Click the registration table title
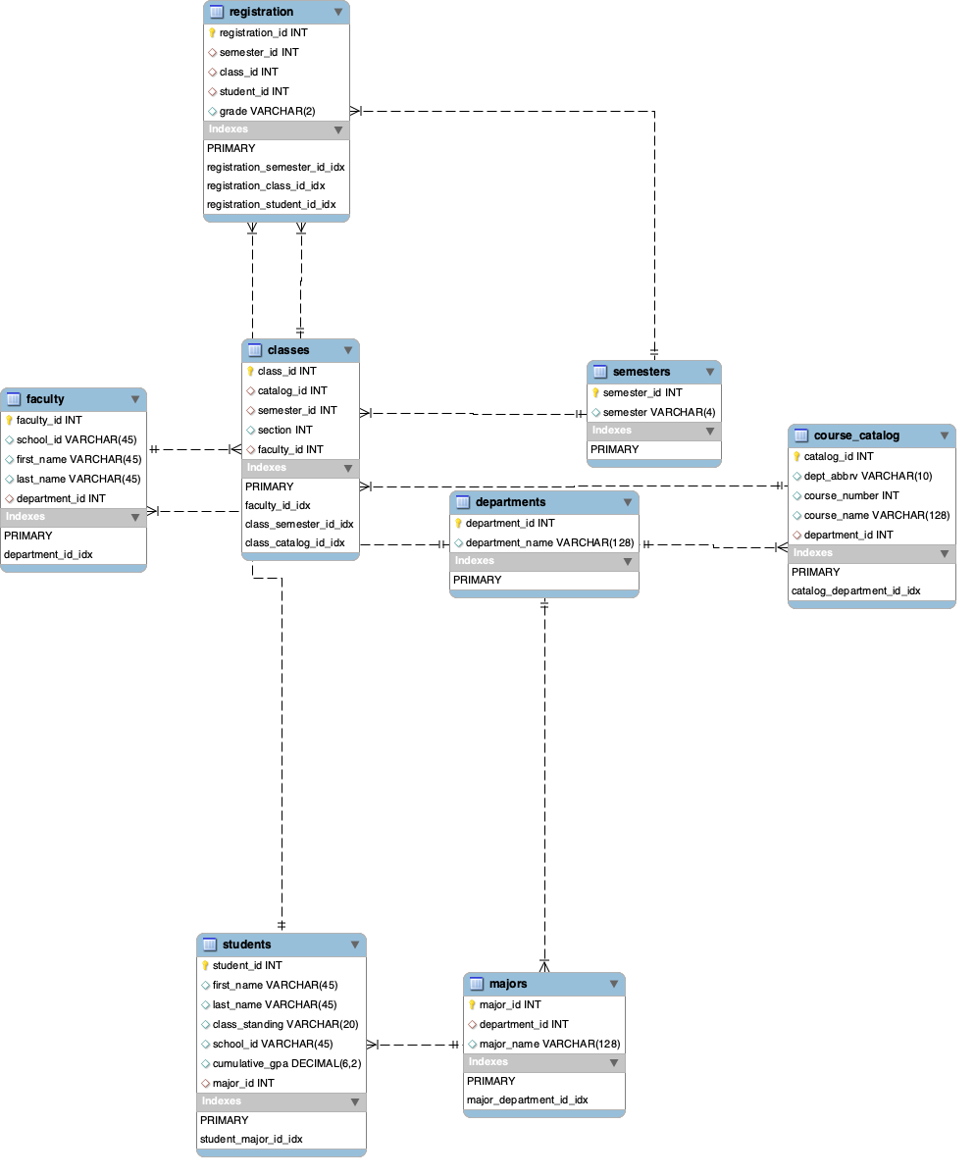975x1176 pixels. pyautogui.click(x=261, y=12)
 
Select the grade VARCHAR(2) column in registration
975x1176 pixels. pyautogui.click(x=267, y=111)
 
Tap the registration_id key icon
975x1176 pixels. pyautogui.click(x=212, y=32)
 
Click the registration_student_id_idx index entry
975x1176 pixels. pyautogui.click(x=272, y=204)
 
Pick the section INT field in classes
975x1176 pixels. pyautogui.click(x=284, y=430)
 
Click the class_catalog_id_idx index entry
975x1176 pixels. pyautogui.click(x=295, y=542)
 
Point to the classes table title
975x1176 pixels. pyautogui.click(x=288, y=350)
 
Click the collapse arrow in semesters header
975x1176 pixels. pyautogui.click(x=710, y=373)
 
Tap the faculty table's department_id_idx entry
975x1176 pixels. pyautogui.click(x=48, y=554)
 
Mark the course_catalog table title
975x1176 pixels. pyautogui.click(x=856, y=435)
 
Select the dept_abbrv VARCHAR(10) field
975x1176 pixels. pyautogui.click(x=867, y=476)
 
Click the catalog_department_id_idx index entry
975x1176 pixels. pyautogui.click(x=856, y=590)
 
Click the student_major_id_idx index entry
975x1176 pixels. pyautogui.click(x=251, y=1139)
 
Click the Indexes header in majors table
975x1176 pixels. pyautogui.click(x=488, y=1062)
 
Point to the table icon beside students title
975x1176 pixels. pyautogui.click(x=210, y=945)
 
